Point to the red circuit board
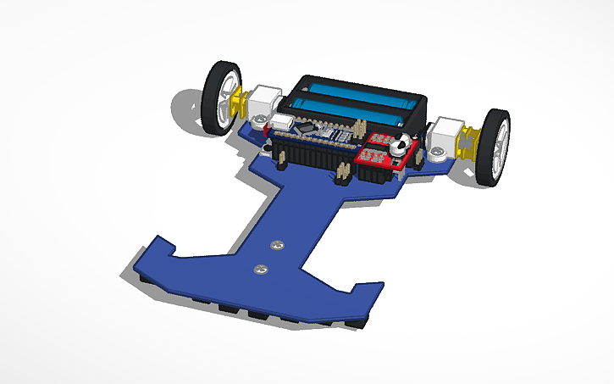381,153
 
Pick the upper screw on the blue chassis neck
278,245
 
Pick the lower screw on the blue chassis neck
260,270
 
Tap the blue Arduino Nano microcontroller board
318,132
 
